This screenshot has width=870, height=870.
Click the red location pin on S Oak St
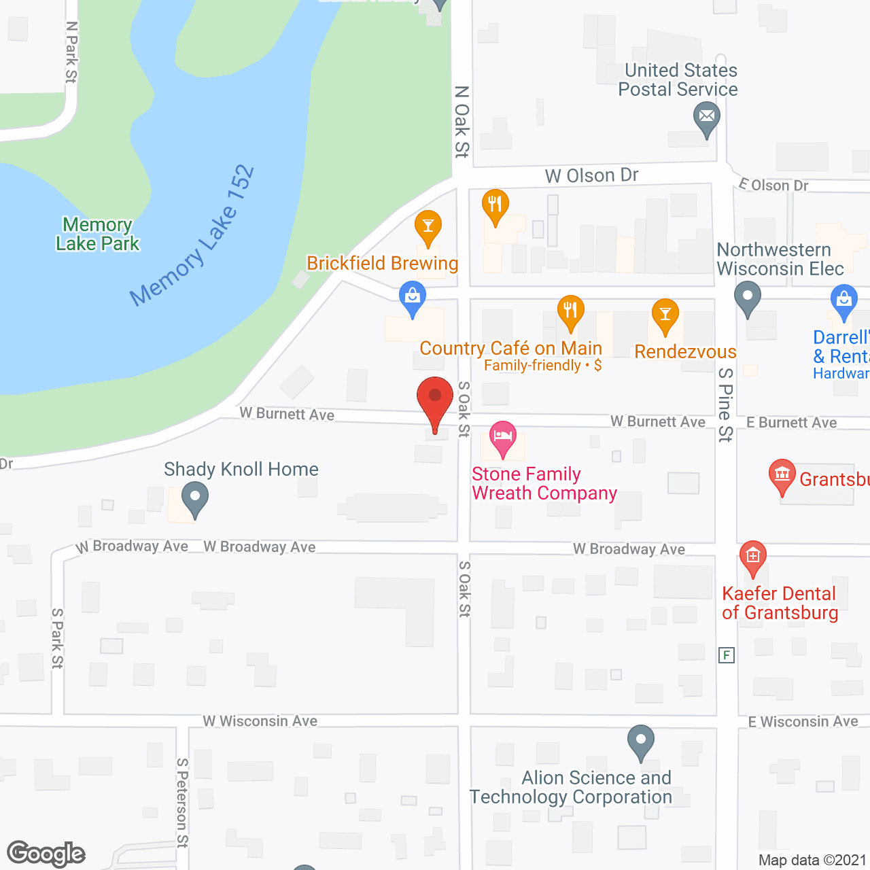tap(434, 398)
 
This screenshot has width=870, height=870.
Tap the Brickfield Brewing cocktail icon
tap(428, 226)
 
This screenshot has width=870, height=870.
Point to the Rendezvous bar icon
tap(665, 315)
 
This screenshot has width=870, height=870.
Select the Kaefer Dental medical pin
tap(752, 557)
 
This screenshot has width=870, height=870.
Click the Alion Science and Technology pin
tap(640, 741)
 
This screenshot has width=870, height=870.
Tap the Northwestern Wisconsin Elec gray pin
tap(748, 298)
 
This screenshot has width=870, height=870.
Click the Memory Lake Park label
tap(97, 234)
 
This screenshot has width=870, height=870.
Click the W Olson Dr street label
tap(591, 175)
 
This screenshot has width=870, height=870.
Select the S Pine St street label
tap(726, 404)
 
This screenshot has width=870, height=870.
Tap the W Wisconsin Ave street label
tap(260, 721)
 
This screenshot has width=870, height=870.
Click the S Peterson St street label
tap(182, 803)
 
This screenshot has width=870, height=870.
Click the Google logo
tap(46, 854)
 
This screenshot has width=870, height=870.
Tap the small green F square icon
tap(727, 655)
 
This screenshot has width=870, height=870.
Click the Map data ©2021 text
tap(812, 860)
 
